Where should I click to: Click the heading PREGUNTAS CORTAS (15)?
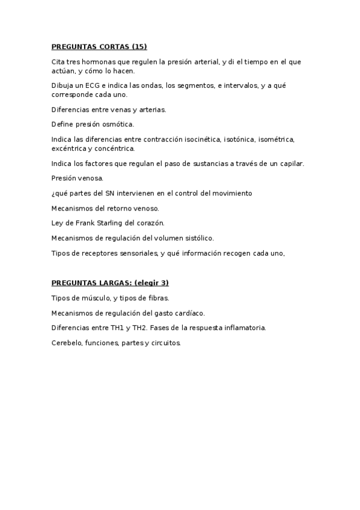pos(99,46)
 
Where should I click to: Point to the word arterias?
pos(151,109)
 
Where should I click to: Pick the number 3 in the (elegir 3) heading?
pos(164,283)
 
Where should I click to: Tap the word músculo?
pos(97,298)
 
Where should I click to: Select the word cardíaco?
pos(188,313)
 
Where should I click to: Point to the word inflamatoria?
pos(243,328)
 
